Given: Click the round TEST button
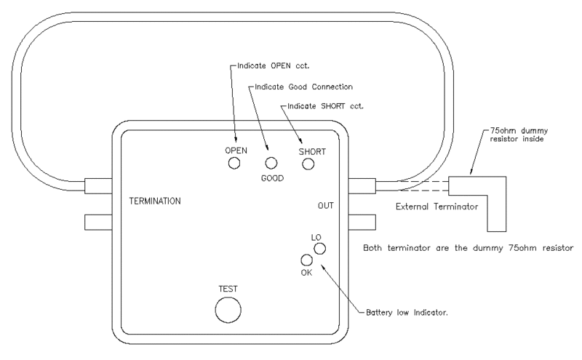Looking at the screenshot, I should coord(228,309).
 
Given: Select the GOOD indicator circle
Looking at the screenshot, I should coord(271,164).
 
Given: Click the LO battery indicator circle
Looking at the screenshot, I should coord(319,249).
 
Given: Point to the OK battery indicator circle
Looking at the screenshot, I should coord(306,260).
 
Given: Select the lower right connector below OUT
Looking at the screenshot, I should coord(362,221).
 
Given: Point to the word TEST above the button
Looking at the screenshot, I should coord(228,288).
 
